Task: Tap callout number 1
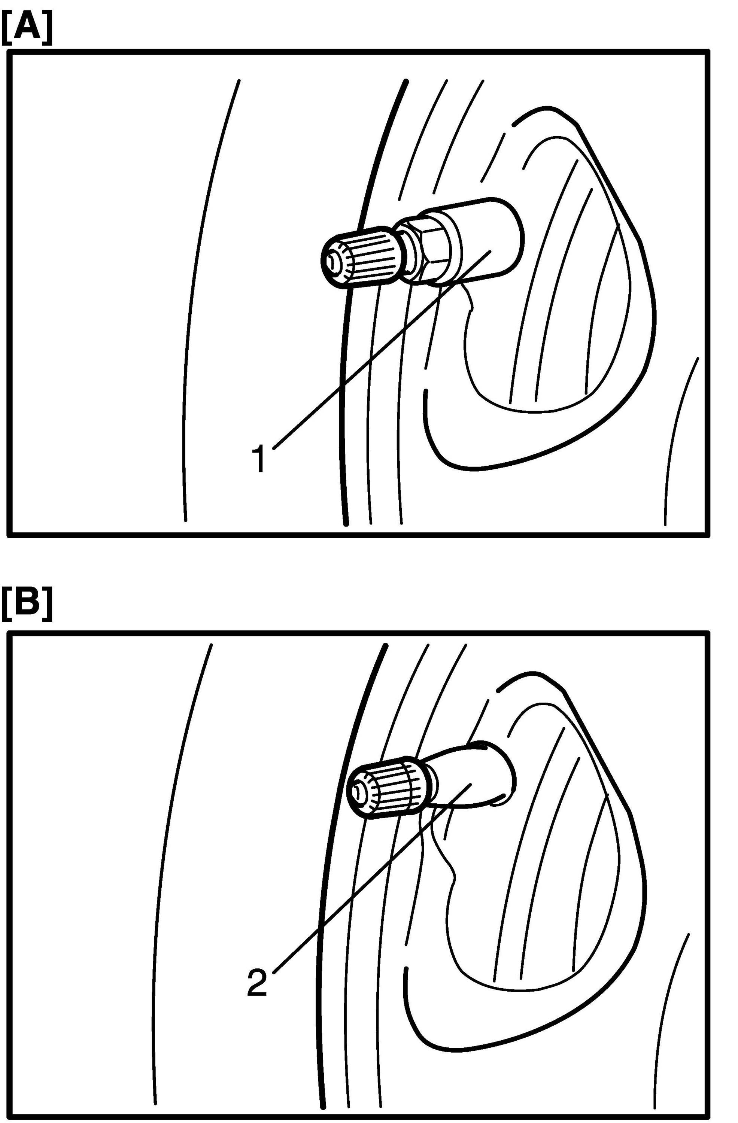(x=259, y=460)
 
